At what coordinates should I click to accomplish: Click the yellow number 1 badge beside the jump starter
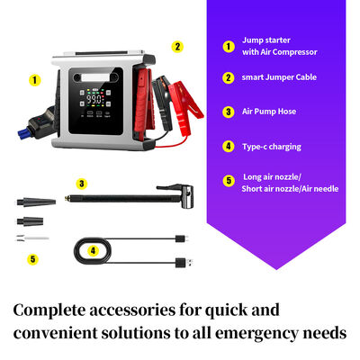click(35, 79)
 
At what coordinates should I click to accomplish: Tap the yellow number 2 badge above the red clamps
click(177, 46)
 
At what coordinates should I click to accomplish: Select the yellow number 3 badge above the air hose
click(82, 184)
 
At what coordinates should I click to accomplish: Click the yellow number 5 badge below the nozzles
click(33, 259)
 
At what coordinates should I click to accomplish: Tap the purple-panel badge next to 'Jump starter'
click(229, 46)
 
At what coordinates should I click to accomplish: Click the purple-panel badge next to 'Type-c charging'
click(229, 145)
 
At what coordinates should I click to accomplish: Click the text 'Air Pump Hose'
click(269, 112)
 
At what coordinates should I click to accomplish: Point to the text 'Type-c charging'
click(273, 145)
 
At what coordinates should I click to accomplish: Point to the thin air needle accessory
click(27, 238)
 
